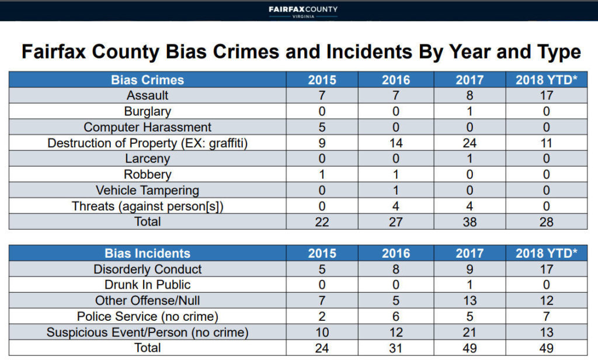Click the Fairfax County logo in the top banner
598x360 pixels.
tap(303, 11)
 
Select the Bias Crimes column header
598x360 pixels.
tap(147, 80)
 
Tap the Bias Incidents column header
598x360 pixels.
tap(147, 254)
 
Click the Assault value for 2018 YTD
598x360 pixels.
tap(546, 96)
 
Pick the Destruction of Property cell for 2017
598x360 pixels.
tap(470, 143)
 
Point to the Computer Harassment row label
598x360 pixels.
tap(147, 127)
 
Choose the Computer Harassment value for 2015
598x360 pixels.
tap(322, 127)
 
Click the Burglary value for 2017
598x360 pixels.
tap(470, 112)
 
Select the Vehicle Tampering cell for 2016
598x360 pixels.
tap(396, 191)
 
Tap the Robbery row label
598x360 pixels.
tap(147, 175)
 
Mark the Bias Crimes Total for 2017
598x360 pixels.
tap(470, 222)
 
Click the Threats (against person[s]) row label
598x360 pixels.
tap(147, 206)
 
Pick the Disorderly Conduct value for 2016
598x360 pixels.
tap(396, 269)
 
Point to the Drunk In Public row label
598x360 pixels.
tap(147, 285)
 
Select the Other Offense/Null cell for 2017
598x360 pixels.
tap(470, 301)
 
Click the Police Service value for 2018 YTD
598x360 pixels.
tap(546, 317)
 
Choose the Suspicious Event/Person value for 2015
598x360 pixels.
tap(322, 333)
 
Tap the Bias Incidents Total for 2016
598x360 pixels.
tap(396, 348)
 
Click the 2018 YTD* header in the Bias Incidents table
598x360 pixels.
tap(546, 254)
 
